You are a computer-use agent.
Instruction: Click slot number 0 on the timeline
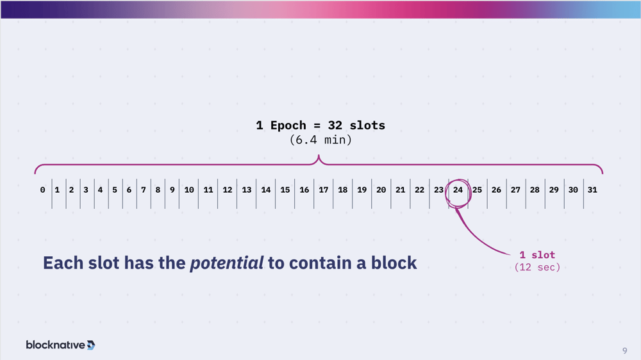(42, 190)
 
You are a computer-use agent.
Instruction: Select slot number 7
(144, 190)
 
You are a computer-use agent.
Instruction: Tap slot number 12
(228, 190)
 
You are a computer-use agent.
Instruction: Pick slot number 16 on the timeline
(304, 190)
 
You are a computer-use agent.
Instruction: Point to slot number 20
(381, 190)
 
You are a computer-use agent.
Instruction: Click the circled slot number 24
(458, 190)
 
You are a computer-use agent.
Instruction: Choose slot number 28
(535, 190)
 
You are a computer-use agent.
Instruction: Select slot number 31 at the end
(592, 190)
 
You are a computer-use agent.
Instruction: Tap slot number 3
(86, 190)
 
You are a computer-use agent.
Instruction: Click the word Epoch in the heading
(288, 126)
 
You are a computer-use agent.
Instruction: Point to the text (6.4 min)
(320, 140)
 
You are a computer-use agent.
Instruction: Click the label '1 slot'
(537, 255)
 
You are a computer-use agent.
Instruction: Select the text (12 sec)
(537, 267)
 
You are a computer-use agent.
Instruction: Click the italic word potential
(227, 263)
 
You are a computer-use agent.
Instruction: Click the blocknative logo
(60, 345)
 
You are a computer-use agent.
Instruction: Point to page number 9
(624, 350)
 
